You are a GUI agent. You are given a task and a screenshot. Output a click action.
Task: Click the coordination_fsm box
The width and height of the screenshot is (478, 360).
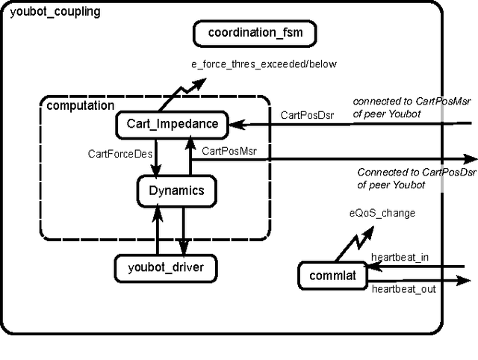254,34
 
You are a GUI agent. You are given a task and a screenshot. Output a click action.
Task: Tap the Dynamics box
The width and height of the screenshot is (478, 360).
176,190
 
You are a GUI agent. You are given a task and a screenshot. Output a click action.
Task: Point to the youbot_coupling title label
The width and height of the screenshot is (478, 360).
55,12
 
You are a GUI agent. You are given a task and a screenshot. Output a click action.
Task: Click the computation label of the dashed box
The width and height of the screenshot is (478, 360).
81,105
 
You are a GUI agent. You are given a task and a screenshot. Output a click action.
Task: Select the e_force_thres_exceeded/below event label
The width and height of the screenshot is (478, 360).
264,64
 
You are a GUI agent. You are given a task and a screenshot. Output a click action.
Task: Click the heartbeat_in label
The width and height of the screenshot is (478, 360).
400,258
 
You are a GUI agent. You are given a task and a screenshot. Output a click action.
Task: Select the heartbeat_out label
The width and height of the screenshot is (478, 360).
403,288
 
